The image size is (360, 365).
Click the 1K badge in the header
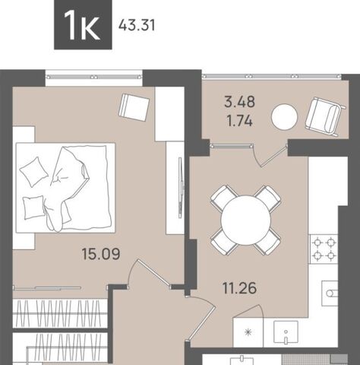83,24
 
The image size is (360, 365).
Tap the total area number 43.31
137,26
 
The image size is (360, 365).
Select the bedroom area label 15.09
101,254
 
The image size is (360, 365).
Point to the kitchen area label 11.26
239,288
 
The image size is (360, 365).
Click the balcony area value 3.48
240,102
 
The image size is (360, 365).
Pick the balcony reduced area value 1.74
240,121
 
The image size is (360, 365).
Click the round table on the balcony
284,116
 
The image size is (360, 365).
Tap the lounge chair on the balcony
326,116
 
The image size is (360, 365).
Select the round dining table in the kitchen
245,221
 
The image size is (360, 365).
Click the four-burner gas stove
324,249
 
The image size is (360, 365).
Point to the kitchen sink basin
286,333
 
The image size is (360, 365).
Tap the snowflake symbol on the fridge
248,332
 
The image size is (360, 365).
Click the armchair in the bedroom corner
134,107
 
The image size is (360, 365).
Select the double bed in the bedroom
65,188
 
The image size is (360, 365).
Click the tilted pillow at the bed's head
34,172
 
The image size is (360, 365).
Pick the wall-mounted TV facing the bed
181,188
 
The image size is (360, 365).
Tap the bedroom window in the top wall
94,77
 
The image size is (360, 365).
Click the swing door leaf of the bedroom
153,274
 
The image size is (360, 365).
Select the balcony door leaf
274,156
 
